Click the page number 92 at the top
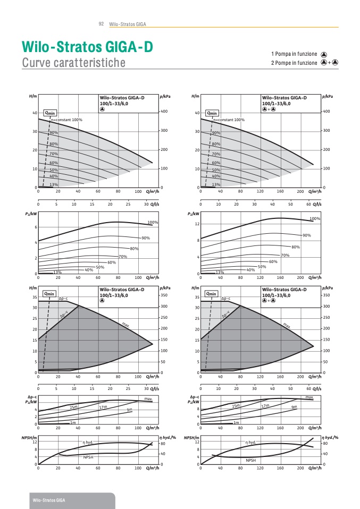pos(101,24)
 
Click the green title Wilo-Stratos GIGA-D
pos(87,47)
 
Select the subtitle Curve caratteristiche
pos(74,63)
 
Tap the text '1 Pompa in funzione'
pos(294,54)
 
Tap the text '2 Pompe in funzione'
pos(294,63)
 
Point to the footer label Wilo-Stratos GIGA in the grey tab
pos(49,500)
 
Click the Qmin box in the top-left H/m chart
pos(49,113)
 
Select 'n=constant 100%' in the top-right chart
pos(229,120)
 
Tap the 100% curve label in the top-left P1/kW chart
pos(153,222)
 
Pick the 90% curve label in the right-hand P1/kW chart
pos(307,235)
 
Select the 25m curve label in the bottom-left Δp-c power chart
pos(73,407)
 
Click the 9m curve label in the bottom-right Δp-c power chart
pos(294,407)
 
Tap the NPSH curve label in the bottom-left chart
pos(88,457)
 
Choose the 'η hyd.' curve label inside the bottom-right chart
pos(250,442)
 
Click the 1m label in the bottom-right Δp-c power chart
pos(236,422)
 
